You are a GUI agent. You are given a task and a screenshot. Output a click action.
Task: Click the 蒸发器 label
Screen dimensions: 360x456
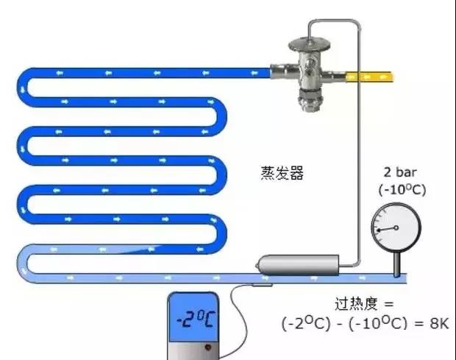[x=282, y=174]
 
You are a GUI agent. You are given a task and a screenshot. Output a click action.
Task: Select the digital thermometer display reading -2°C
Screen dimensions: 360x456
[x=194, y=317]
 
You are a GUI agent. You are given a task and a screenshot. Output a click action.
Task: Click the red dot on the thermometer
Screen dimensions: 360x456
[x=209, y=347]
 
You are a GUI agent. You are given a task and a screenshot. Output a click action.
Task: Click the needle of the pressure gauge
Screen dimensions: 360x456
[x=386, y=230]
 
